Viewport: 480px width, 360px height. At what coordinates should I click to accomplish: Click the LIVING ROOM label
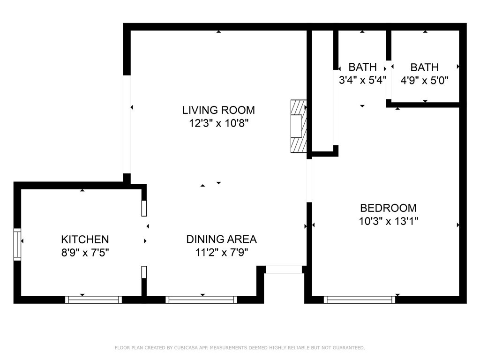point(218,110)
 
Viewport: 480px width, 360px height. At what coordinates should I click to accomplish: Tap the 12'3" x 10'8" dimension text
point(218,123)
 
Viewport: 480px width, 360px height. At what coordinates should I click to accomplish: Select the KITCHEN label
point(85,240)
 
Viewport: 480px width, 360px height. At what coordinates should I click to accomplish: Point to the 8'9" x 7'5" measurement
point(85,252)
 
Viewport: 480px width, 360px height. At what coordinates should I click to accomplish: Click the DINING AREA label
point(221,239)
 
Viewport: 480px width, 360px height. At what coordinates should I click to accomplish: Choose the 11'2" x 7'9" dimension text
point(221,252)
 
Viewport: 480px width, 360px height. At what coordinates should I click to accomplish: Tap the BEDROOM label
point(388,208)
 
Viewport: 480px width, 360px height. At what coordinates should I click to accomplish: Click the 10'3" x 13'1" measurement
point(388,221)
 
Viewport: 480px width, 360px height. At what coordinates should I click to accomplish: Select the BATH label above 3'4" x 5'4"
point(362,67)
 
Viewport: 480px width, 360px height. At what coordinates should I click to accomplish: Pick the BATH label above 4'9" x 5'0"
point(424,67)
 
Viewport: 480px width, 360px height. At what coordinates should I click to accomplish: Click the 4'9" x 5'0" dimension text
point(424,80)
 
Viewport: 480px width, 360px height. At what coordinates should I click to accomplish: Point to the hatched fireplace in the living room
point(298,126)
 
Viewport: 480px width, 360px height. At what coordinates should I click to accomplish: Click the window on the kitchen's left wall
point(17,244)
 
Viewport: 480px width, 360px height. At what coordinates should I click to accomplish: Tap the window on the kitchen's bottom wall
point(93,300)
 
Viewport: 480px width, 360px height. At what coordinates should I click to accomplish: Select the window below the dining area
point(201,300)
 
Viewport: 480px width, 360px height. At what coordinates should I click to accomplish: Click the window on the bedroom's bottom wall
point(360,300)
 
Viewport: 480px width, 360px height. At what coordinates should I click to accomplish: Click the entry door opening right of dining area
point(284,270)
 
